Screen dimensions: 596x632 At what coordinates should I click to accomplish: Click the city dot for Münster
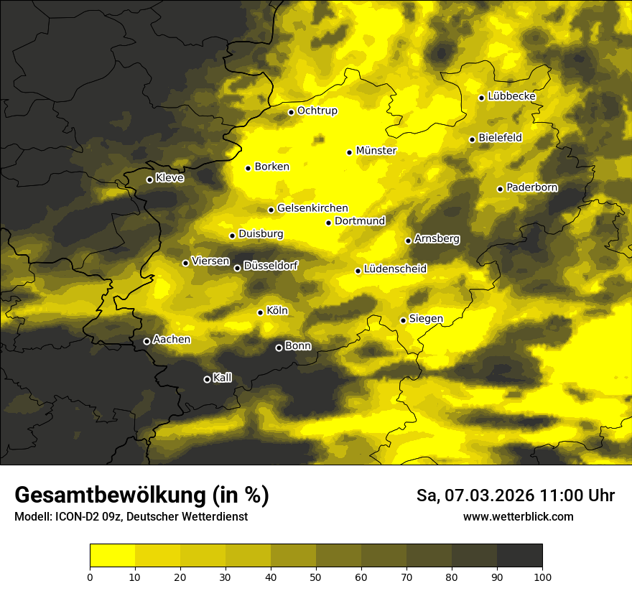click(x=350, y=152)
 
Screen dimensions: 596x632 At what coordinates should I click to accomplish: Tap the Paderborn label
click(x=531, y=187)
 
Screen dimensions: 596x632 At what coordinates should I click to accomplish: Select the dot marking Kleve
click(x=149, y=180)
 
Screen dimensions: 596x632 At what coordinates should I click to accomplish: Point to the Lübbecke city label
click(x=511, y=96)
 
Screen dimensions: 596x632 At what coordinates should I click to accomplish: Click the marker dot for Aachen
click(x=147, y=341)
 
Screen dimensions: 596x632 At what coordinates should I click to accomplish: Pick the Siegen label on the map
click(x=426, y=319)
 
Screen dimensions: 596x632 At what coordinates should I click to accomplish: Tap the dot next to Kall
click(x=207, y=379)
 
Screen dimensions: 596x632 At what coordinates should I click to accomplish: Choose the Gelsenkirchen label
click(x=312, y=208)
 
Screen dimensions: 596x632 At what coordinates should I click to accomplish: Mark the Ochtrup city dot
click(x=292, y=112)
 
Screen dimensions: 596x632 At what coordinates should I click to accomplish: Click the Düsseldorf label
click(x=271, y=266)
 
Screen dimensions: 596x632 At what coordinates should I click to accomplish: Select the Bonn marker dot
click(x=279, y=348)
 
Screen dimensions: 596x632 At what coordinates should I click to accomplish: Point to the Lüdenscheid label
click(x=395, y=269)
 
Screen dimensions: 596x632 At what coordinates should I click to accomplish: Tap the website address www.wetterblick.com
click(x=518, y=516)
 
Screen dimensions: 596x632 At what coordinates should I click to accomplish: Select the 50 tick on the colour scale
click(x=316, y=576)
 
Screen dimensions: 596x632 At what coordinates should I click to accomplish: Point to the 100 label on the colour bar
click(x=542, y=576)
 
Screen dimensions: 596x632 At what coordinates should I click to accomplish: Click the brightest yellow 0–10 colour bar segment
click(x=113, y=556)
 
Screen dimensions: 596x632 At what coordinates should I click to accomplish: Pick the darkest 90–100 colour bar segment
click(x=519, y=556)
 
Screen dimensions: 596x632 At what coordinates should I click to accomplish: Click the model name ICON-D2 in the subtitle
click(x=70, y=516)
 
